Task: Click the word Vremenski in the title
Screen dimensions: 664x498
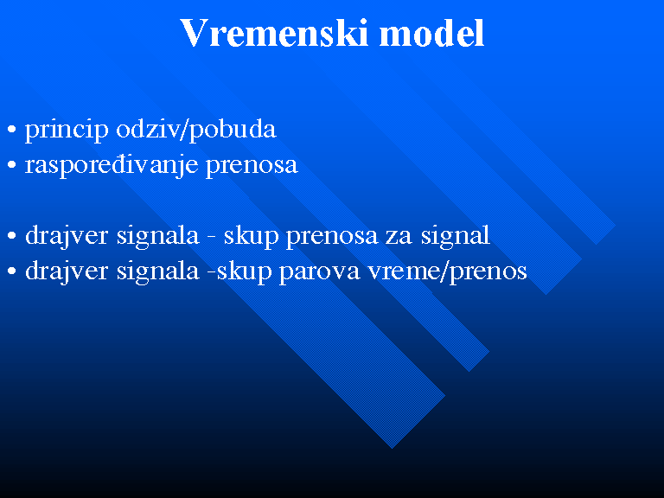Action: (274, 33)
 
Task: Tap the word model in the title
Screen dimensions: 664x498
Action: (431, 33)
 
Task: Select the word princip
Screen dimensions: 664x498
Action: (67, 130)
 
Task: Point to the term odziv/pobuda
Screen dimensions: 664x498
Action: (196, 129)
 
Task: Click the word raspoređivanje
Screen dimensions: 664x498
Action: (112, 166)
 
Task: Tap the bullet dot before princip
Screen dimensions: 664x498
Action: (12, 129)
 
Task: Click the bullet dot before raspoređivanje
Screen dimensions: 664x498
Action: (12, 165)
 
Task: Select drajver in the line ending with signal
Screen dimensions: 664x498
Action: (67, 236)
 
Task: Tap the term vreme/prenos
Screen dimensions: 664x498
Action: (447, 271)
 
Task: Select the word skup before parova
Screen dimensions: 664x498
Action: (244, 271)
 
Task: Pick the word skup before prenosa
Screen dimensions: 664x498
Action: (251, 236)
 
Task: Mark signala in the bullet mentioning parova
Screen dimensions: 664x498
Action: (157, 271)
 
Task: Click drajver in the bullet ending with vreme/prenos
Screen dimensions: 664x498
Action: (67, 271)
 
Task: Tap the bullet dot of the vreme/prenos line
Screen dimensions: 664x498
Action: (12, 271)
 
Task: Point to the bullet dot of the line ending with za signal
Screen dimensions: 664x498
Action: (12, 235)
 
